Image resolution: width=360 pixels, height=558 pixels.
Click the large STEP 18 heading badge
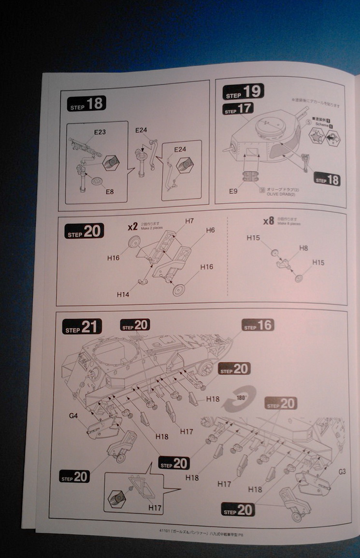[x=87, y=104]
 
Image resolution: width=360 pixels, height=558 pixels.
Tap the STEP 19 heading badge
[x=243, y=92]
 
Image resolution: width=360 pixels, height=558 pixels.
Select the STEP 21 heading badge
[x=82, y=327]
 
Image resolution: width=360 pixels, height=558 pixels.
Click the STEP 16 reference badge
[x=258, y=326]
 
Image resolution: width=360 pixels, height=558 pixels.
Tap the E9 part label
[x=234, y=191]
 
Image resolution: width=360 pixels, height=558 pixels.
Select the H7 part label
[x=189, y=221]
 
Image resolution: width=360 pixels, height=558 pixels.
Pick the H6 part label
[x=210, y=230]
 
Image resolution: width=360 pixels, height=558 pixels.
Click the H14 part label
[x=123, y=293]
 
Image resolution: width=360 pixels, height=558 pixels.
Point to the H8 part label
[x=303, y=248]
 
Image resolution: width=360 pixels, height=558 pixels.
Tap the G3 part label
[x=342, y=471]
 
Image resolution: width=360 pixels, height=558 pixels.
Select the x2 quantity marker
[x=132, y=226]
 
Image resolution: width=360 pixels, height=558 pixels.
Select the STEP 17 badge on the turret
[x=239, y=110]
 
